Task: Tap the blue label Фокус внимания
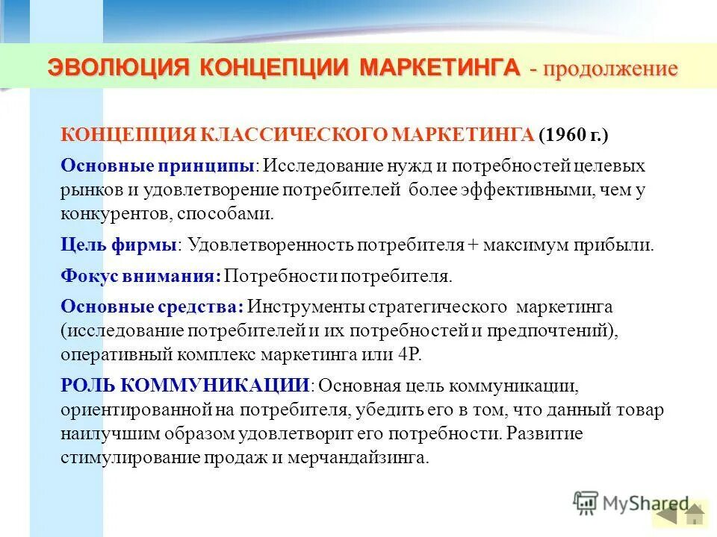pos(140,276)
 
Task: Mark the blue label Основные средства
pos(152,307)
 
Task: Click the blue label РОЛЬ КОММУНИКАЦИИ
pos(185,385)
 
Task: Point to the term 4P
pos(410,354)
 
